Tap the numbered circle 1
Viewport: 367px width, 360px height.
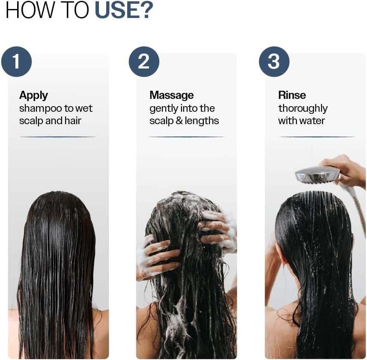16,62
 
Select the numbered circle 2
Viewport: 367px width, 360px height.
144,62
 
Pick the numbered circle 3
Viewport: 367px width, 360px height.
274,62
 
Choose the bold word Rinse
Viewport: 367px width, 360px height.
292,95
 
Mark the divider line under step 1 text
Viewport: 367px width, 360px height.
57,137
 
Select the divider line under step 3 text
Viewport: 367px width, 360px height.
317,137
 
